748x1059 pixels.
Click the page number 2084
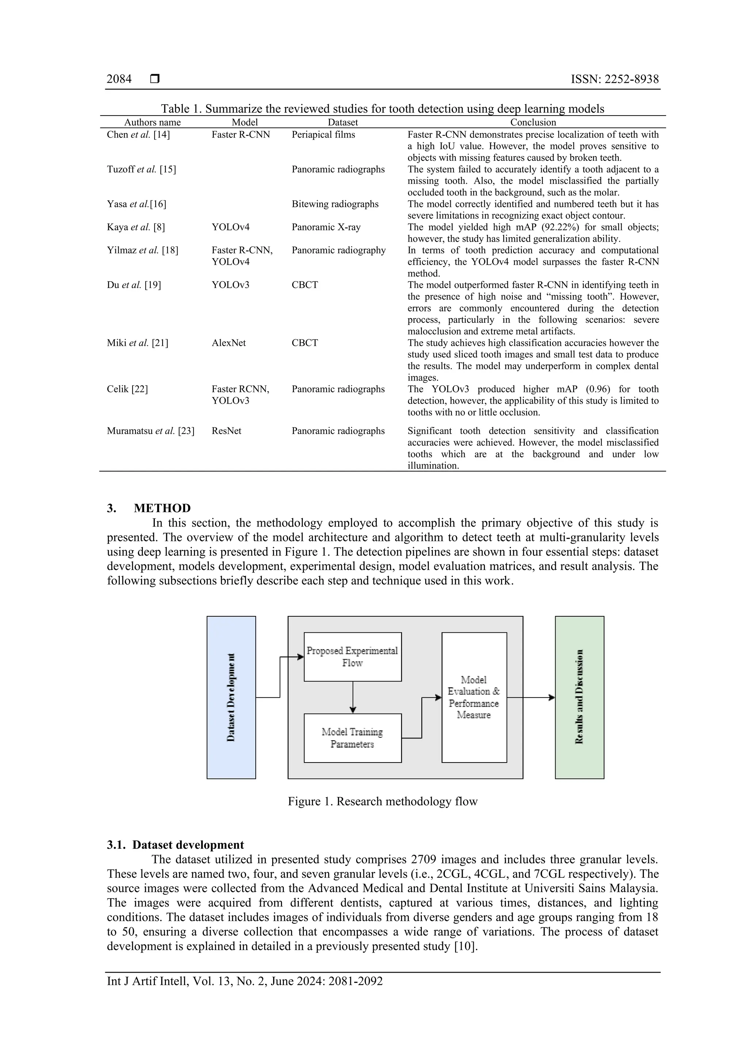[x=119, y=79]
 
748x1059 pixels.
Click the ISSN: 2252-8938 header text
[x=614, y=79]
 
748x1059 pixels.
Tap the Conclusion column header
[x=533, y=122]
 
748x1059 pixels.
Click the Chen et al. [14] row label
[x=138, y=135]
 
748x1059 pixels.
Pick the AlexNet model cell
[x=229, y=343]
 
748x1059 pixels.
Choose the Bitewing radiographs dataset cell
[x=335, y=204]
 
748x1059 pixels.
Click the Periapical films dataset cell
[x=323, y=135]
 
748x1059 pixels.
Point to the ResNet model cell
[x=226, y=431]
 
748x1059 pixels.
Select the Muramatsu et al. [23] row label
[x=150, y=431]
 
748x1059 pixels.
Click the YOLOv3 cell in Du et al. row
[x=230, y=285]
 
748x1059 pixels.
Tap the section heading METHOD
[x=162, y=508]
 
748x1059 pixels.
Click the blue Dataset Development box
[x=231, y=697]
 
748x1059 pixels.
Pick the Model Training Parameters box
[x=352, y=738]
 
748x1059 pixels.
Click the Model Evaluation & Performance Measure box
[x=474, y=697]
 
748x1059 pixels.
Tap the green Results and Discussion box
[x=579, y=697]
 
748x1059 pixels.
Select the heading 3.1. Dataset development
[x=175, y=845]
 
